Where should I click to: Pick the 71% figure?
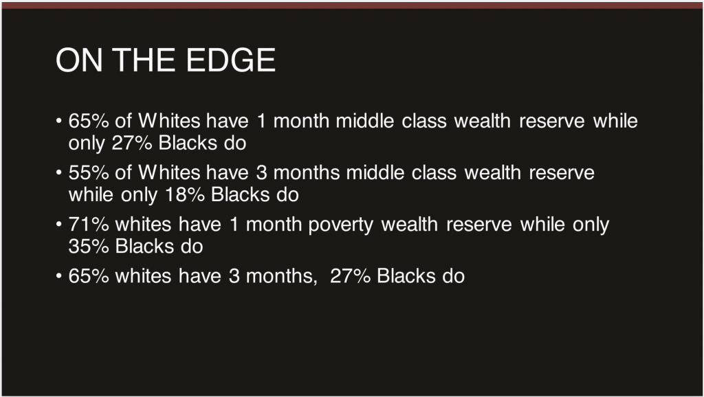tap(89, 225)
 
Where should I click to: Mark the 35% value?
tap(89, 247)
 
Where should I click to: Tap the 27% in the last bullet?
tap(350, 276)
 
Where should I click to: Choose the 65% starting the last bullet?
tap(89, 276)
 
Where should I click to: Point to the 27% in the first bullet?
tap(132, 144)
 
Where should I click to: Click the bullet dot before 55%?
tap(59, 172)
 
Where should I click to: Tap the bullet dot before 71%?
tap(59, 225)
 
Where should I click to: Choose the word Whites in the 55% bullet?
tap(169, 172)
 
